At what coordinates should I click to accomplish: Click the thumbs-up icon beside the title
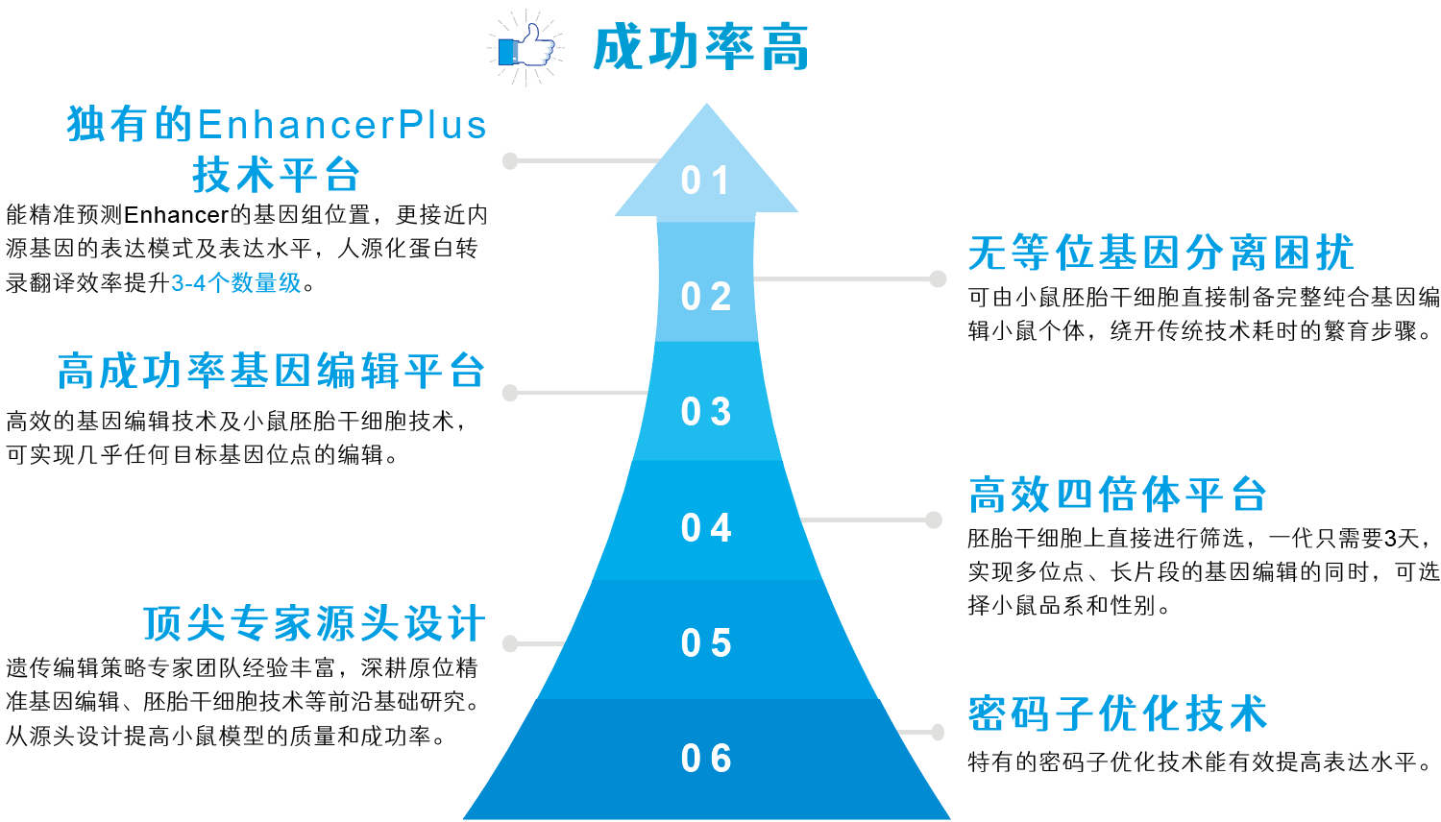tap(526, 47)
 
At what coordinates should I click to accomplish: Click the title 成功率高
tap(701, 48)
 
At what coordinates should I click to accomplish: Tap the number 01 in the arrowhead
tap(706, 181)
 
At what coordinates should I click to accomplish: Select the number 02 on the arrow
tap(706, 297)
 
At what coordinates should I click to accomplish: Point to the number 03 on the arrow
tap(706, 412)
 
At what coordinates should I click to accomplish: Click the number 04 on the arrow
tap(706, 528)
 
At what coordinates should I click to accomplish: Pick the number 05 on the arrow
tap(706, 643)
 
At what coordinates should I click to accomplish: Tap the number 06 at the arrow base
tap(706, 759)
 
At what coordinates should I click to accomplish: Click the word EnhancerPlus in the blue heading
tap(342, 126)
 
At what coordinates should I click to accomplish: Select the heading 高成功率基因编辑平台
tap(271, 372)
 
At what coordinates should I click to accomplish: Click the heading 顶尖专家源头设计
tap(314, 623)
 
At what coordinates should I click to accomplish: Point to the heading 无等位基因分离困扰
tap(1160, 254)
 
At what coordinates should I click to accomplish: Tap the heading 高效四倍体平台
tap(1117, 496)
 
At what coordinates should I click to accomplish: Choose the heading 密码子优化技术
tap(1117, 714)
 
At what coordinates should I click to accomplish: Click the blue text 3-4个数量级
tap(236, 283)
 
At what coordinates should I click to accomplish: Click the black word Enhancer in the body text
tap(176, 215)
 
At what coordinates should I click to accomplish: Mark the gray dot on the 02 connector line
tap(938, 278)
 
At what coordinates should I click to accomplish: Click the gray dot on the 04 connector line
tap(934, 520)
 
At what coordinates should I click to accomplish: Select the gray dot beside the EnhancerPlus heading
tap(510, 160)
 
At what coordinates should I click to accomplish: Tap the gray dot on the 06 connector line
tap(938, 732)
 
